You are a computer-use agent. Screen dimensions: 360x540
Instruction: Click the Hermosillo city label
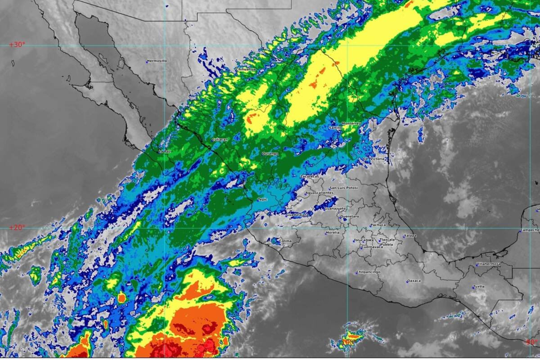157,61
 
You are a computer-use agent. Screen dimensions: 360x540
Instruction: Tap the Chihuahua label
246,69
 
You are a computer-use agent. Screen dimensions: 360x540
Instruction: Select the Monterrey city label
351,123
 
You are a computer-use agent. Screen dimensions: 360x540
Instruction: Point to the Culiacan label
220,140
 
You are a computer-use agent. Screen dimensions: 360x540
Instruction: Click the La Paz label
165,152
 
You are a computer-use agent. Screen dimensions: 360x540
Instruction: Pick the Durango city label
270,154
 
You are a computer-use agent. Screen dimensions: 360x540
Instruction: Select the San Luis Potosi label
344,188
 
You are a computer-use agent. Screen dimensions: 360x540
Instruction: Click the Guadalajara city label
297,215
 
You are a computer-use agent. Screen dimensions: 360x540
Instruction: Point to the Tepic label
262,199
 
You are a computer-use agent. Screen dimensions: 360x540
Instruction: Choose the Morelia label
333,233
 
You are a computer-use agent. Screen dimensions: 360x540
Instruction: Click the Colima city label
285,241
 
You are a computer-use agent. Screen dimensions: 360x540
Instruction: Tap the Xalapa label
410,235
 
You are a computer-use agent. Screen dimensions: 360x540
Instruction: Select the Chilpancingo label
368,272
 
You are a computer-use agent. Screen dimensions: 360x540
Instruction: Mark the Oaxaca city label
414,281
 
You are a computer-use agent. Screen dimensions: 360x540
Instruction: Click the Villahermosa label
488,264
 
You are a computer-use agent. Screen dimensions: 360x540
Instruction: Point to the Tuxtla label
479,287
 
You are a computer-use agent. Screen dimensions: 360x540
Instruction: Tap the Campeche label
530,230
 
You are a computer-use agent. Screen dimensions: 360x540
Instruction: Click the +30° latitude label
18,45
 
